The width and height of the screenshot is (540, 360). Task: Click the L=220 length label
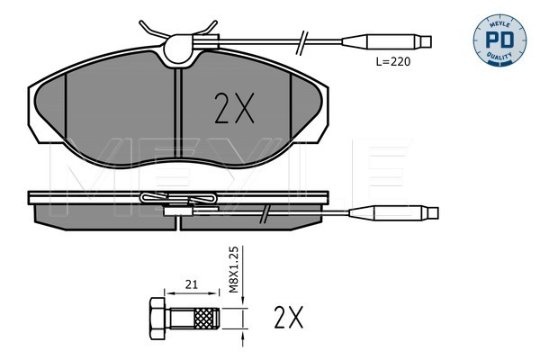tap(393, 62)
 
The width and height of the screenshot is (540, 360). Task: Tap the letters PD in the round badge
tap(499, 40)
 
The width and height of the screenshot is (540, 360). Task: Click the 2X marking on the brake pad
tap(234, 108)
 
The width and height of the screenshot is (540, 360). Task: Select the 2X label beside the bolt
tap(289, 317)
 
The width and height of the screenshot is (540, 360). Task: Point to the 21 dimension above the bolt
tap(192, 284)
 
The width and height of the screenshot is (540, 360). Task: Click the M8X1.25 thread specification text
tap(234, 269)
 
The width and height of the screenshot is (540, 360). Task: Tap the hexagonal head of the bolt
tap(157, 319)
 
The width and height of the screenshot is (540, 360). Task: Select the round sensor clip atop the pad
tap(177, 49)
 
